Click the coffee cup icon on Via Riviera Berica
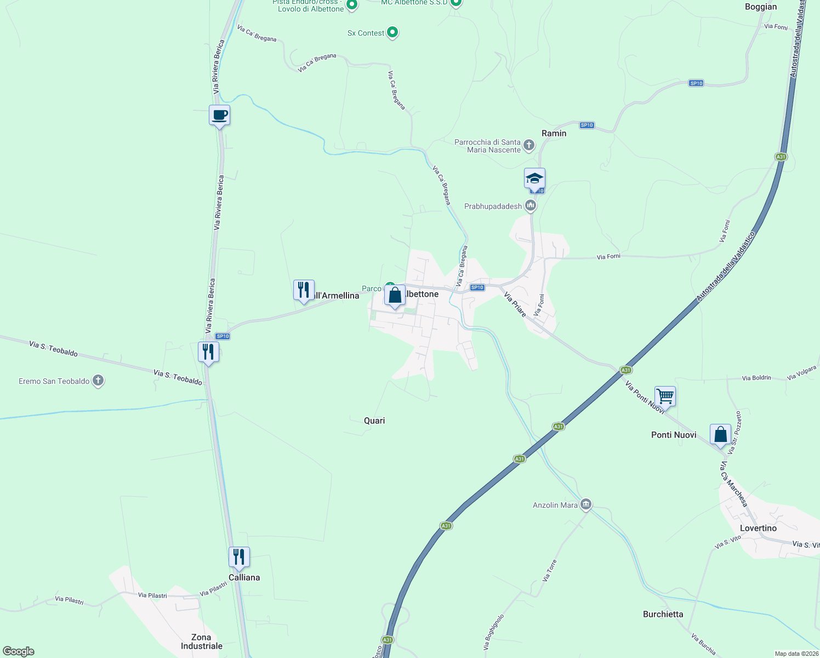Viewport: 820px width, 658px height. pos(219,115)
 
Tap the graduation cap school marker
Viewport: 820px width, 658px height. pos(534,179)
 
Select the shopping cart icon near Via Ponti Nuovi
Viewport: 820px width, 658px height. pos(665,395)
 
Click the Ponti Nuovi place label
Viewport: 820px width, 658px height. pos(674,435)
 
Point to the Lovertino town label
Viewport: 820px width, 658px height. pos(758,528)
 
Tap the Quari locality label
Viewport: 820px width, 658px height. pos(374,421)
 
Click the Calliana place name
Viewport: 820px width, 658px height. pos(244,577)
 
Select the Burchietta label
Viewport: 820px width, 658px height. pos(663,614)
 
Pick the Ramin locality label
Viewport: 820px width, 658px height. pos(554,133)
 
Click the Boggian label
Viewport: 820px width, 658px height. pos(761,7)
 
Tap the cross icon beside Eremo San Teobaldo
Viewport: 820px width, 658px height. pos(98,381)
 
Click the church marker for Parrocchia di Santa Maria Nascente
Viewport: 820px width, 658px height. pos(528,145)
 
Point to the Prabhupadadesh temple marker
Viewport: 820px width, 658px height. pos(530,206)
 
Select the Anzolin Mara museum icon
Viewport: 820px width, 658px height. pos(585,504)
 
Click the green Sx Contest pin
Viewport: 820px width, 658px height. pos(392,32)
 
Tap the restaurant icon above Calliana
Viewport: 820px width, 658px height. pos(239,557)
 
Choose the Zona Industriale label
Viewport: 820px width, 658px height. pos(202,642)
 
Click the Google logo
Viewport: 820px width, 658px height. pos(18,651)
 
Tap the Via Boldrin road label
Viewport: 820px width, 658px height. pos(756,378)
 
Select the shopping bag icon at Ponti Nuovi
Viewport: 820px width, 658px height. pos(720,434)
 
